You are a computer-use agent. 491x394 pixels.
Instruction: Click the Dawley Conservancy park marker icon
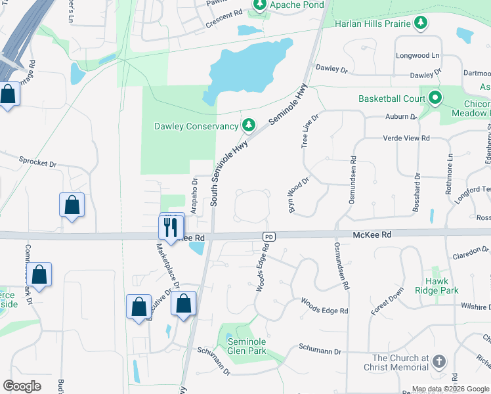click(248, 125)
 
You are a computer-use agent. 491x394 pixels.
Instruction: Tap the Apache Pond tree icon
click(260, 5)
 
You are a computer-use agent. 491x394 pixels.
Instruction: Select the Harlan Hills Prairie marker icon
click(421, 24)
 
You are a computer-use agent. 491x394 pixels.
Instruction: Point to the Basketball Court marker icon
click(435, 99)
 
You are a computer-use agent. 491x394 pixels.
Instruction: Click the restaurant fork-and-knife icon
click(171, 227)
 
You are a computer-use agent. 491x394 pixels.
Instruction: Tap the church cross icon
click(438, 362)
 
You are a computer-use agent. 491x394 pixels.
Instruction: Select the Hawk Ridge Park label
click(437, 285)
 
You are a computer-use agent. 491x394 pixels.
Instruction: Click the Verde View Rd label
click(406, 139)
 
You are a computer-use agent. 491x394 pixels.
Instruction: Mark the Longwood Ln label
click(417, 56)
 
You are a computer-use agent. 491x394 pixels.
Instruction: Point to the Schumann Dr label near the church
click(320, 352)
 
